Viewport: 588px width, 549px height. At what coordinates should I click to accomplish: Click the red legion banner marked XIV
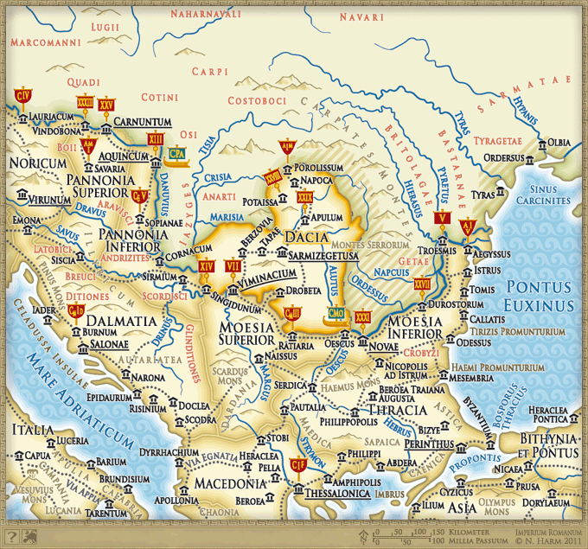[205, 267]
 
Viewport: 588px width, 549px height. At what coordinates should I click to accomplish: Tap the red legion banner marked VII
[232, 266]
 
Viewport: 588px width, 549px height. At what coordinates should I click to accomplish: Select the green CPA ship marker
[177, 154]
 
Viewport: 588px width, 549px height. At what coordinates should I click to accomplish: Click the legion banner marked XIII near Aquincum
[156, 139]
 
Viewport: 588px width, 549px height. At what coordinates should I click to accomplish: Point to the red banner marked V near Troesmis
[442, 220]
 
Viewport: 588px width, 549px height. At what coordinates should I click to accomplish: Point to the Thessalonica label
[337, 495]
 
